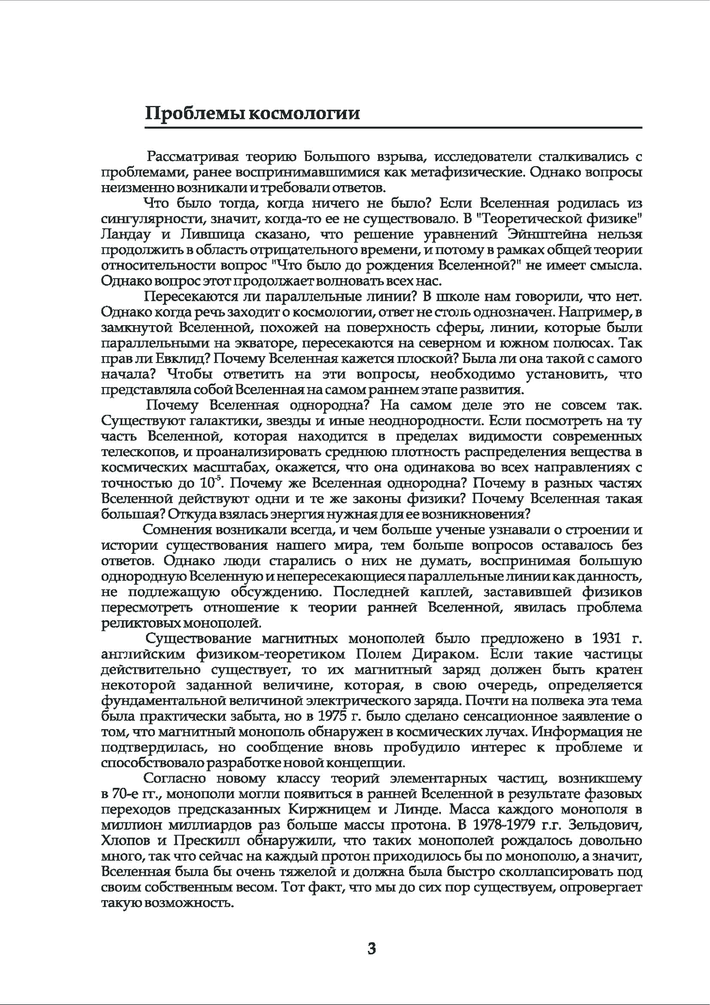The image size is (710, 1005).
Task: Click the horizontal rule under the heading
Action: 393,127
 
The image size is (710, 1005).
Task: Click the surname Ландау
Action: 126,235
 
